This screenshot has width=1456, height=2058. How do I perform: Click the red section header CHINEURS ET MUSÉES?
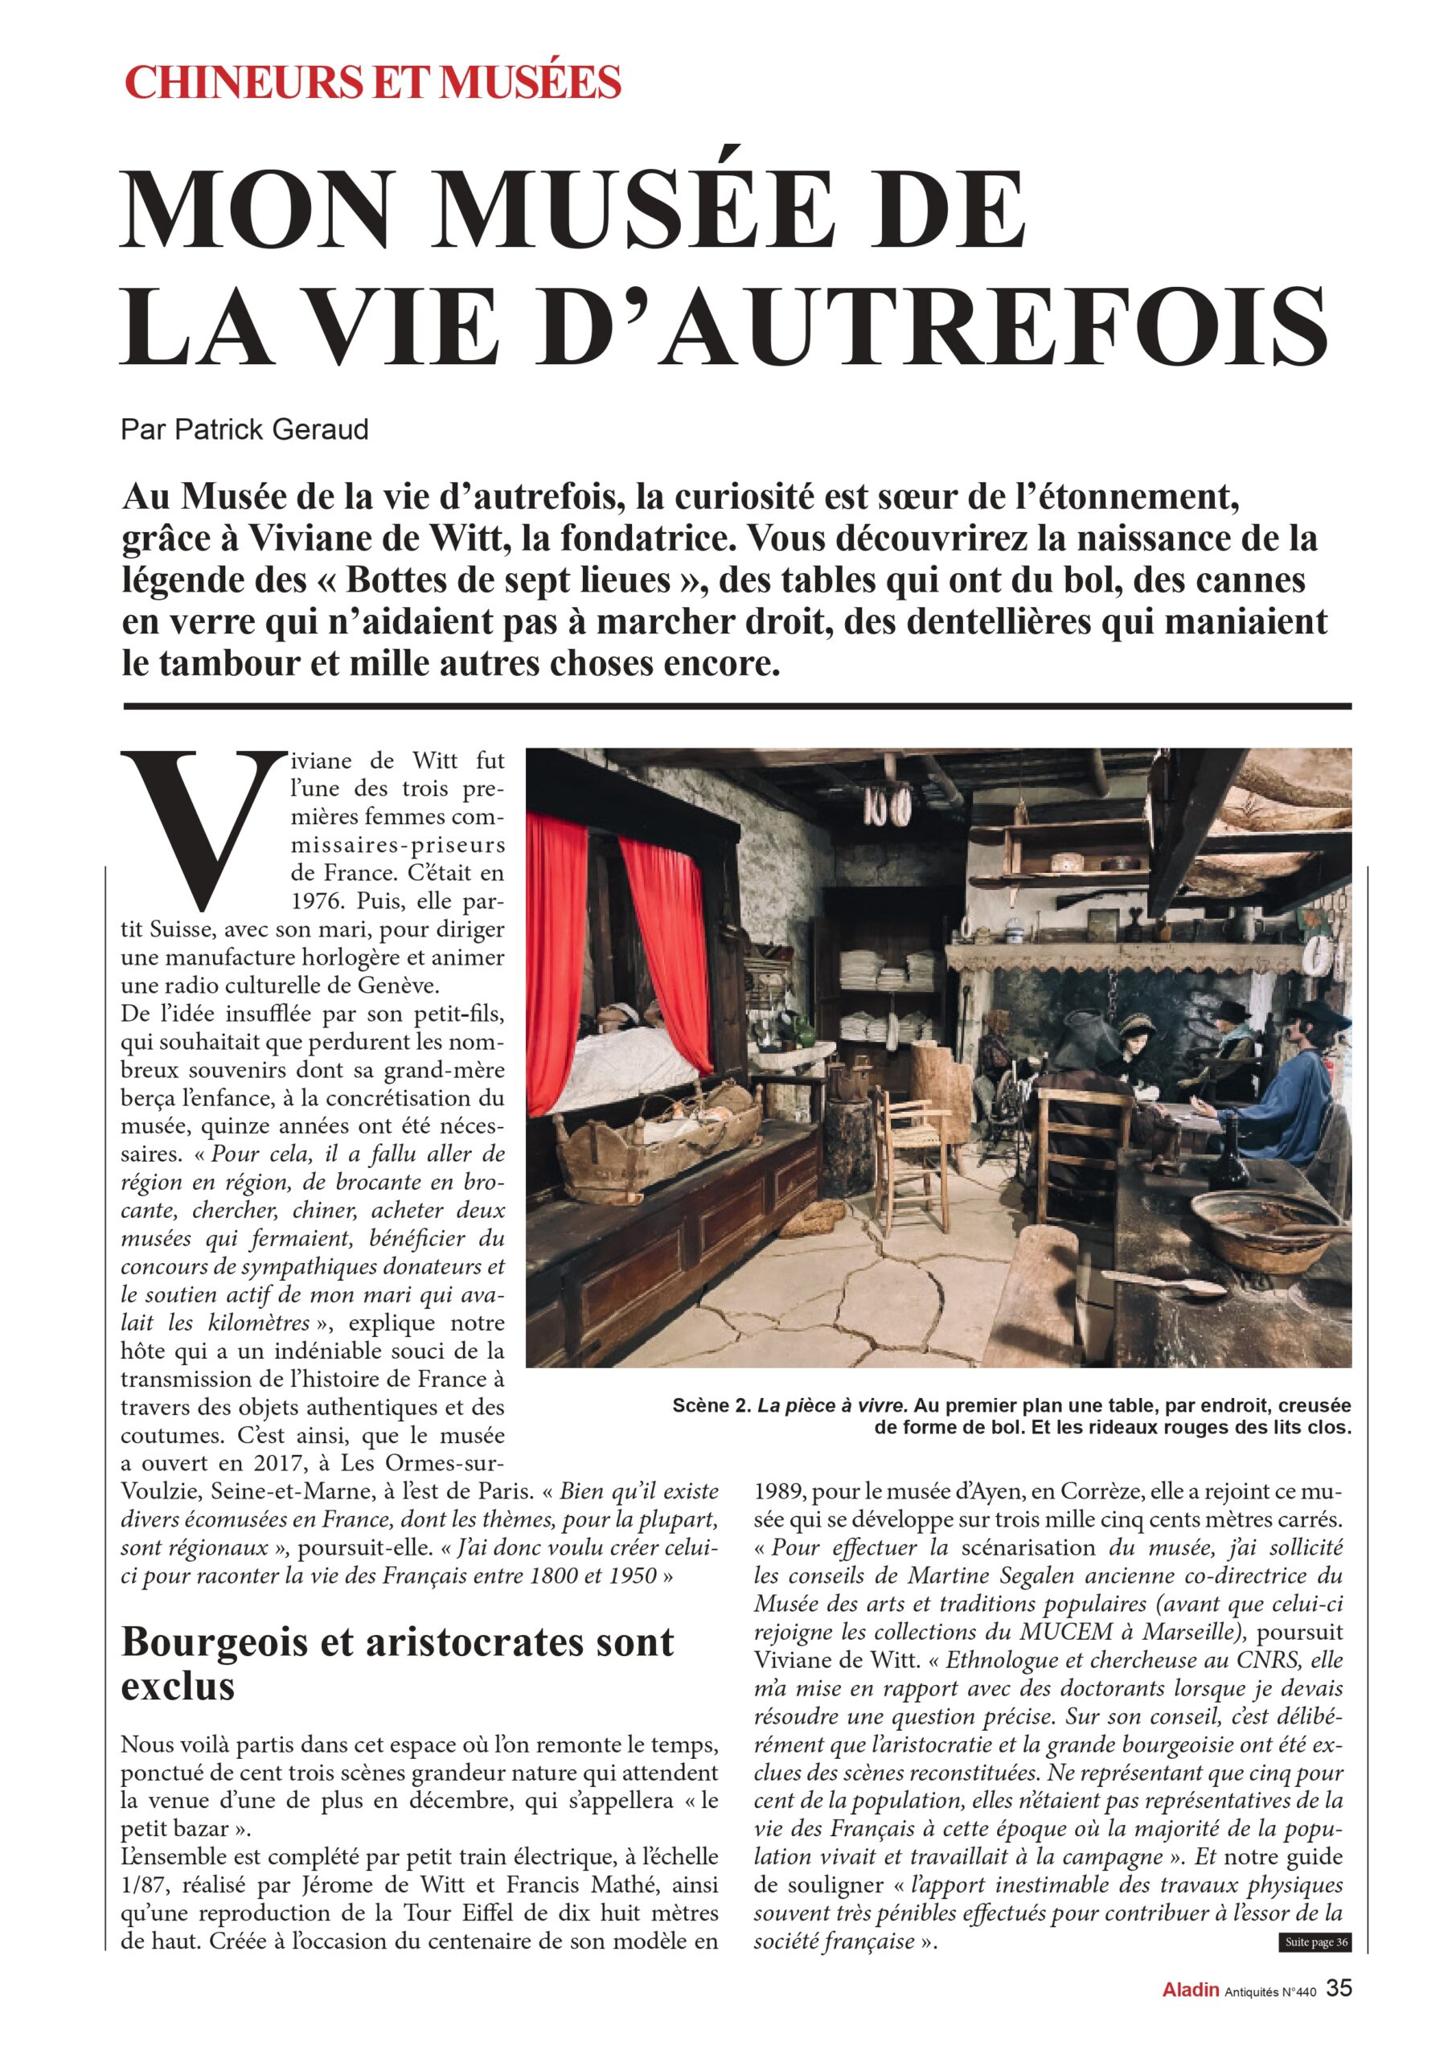point(372,83)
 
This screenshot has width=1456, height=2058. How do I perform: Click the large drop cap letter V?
point(203,827)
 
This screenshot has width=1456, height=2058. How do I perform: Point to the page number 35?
point(1339,2012)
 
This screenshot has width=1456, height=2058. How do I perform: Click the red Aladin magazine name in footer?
point(1190,2015)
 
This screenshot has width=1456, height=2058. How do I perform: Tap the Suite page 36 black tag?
point(1315,1966)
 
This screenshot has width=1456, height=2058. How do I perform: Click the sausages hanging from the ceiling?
point(888,806)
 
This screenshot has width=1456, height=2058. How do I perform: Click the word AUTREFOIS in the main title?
point(994,325)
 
